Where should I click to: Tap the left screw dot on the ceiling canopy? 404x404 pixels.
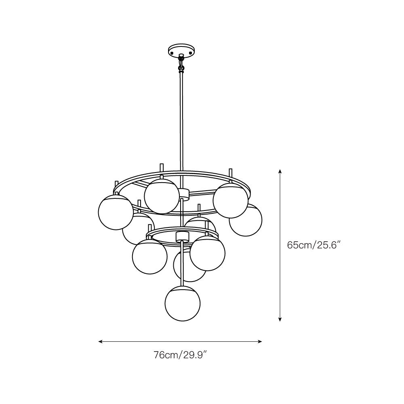[172, 53]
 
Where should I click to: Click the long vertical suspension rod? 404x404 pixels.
[181, 121]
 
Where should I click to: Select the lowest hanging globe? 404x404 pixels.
[183, 304]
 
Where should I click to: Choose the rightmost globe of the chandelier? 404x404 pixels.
[246, 220]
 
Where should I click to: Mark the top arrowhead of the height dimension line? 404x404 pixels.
[280, 172]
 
